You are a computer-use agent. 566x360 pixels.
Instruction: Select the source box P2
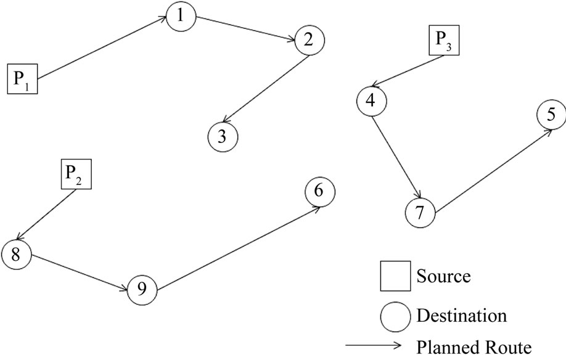(x=76, y=174)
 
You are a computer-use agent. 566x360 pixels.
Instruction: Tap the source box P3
(x=445, y=41)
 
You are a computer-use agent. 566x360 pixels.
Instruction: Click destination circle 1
(x=180, y=17)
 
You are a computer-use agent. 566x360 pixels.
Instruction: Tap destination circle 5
(x=551, y=114)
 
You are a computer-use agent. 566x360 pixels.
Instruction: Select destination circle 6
(x=319, y=192)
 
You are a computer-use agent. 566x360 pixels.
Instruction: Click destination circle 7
(x=420, y=212)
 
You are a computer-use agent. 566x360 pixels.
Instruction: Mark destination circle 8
(x=16, y=254)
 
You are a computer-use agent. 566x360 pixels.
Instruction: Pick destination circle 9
(x=143, y=288)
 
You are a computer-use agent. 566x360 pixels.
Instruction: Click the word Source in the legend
(x=443, y=276)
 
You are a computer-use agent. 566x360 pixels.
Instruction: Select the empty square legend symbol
(x=394, y=276)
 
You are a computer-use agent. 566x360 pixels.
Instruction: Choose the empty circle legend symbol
(x=395, y=317)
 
